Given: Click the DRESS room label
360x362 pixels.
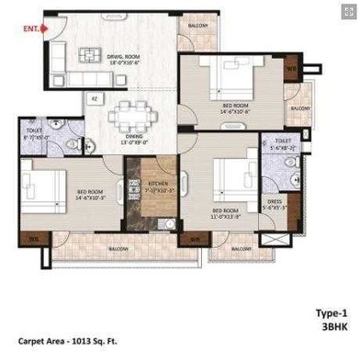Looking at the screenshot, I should [x=274, y=204].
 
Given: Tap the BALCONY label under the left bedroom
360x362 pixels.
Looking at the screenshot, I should [x=118, y=249].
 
